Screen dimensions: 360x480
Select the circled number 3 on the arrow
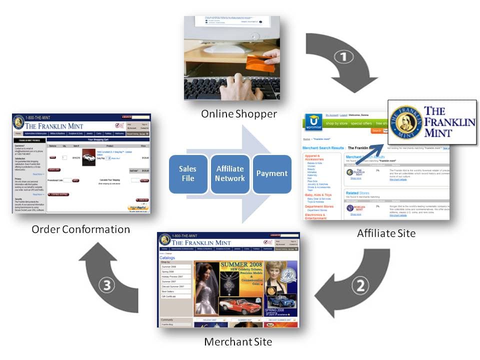(x=109, y=285)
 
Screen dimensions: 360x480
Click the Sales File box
(x=188, y=174)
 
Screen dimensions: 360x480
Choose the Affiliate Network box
(x=230, y=174)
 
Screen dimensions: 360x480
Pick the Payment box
(x=272, y=174)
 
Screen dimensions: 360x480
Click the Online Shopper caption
(x=238, y=114)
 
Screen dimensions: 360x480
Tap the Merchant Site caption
(x=238, y=342)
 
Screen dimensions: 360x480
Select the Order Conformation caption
(x=80, y=229)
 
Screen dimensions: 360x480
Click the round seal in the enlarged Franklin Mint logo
(x=406, y=122)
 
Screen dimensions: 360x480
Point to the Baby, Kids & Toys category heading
(x=318, y=195)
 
